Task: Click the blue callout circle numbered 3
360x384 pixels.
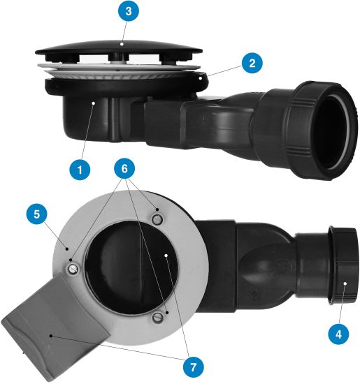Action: coord(128,11)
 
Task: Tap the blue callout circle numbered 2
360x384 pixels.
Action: coord(252,64)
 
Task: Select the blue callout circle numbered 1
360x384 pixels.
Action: coord(80,170)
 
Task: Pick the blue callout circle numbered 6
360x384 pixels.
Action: coord(124,168)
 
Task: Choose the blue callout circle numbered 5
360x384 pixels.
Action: coord(36,214)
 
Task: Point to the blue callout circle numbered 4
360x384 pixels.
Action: coord(338,334)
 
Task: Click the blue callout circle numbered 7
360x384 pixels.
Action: coord(193,367)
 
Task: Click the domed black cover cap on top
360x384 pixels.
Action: coord(119,50)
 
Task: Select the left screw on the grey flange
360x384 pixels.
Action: coord(73,269)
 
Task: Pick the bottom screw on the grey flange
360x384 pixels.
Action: coord(157,318)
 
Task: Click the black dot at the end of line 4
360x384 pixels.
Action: coord(345,283)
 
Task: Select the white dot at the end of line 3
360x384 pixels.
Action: coord(122,44)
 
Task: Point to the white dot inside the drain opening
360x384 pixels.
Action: coord(166,256)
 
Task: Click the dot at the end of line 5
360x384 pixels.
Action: coord(67,249)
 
